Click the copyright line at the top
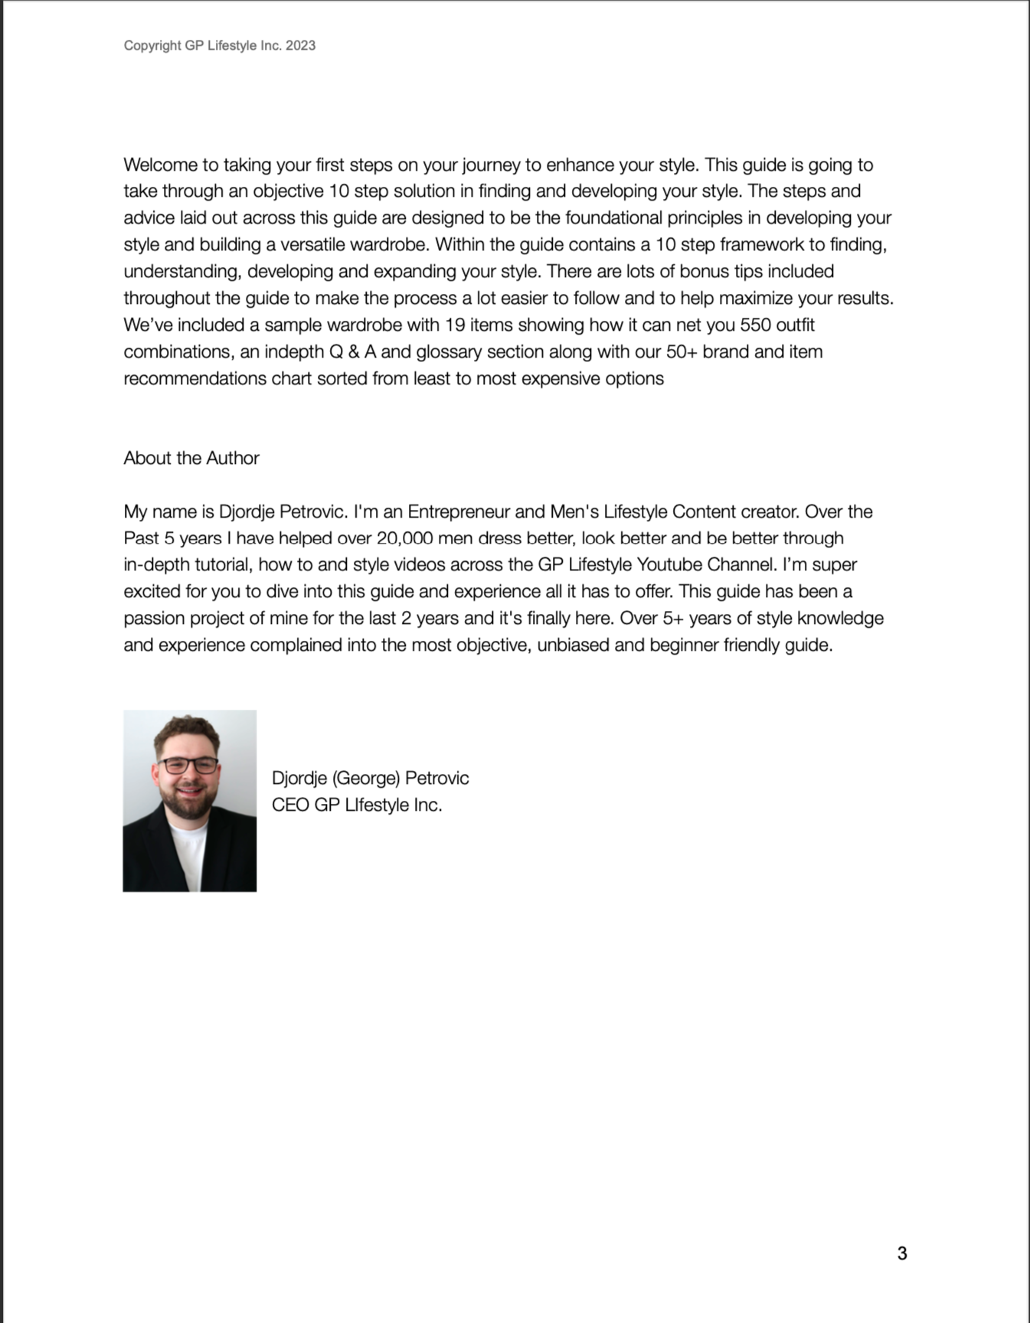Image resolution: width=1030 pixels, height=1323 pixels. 219,45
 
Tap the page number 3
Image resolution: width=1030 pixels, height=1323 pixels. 902,1253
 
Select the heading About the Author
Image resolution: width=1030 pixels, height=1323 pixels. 191,458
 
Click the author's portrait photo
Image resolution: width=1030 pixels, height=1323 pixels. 190,800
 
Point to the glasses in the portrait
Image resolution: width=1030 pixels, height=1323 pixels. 188,764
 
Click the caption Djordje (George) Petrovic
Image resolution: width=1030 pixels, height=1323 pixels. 370,778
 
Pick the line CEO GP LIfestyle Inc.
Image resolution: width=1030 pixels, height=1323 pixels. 357,805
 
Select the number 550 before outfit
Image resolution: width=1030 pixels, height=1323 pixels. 755,325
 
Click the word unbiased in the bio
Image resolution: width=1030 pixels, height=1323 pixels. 573,645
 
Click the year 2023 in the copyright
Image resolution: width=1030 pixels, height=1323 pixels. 300,45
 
